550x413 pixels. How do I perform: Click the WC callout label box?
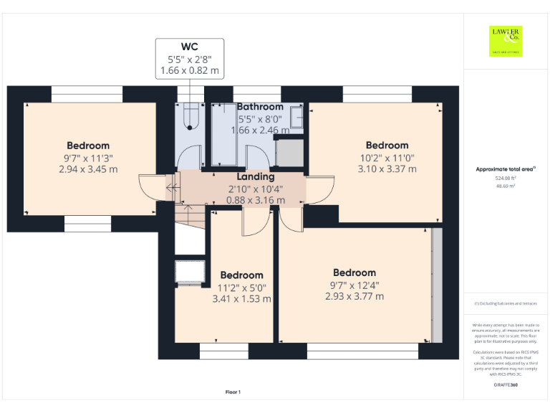(x=190, y=59)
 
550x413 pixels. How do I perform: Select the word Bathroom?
(x=260, y=107)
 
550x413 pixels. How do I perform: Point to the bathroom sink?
(x=296, y=117)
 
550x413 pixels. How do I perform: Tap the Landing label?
(x=256, y=176)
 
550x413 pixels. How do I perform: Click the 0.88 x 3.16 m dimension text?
(x=256, y=200)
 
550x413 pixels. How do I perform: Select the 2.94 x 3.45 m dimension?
(x=88, y=169)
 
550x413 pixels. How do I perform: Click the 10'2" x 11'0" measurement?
(x=387, y=158)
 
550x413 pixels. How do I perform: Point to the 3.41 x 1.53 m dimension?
(x=241, y=299)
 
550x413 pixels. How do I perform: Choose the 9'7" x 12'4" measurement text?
(x=354, y=285)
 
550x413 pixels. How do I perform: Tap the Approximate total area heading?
(x=506, y=169)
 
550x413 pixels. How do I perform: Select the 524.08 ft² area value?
(x=506, y=178)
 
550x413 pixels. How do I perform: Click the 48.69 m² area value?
(x=506, y=186)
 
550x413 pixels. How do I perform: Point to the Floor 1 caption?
(x=233, y=392)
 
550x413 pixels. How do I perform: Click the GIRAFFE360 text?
(x=506, y=386)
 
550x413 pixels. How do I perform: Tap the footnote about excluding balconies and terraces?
(x=506, y=304)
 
